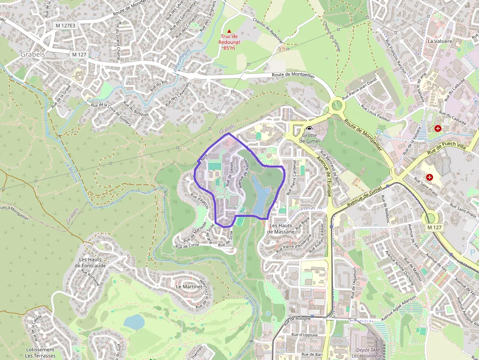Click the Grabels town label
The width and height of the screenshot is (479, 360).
[33, 54]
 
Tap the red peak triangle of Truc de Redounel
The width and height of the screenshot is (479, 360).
[229, 31]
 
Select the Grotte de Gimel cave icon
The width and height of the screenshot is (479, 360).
[309, 128]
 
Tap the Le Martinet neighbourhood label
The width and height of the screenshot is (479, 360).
[189, 287]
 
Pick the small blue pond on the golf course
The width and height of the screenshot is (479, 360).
[134, 321]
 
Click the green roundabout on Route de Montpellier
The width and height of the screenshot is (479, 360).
[337, 105]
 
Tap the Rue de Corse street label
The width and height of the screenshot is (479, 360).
[187, 246]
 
